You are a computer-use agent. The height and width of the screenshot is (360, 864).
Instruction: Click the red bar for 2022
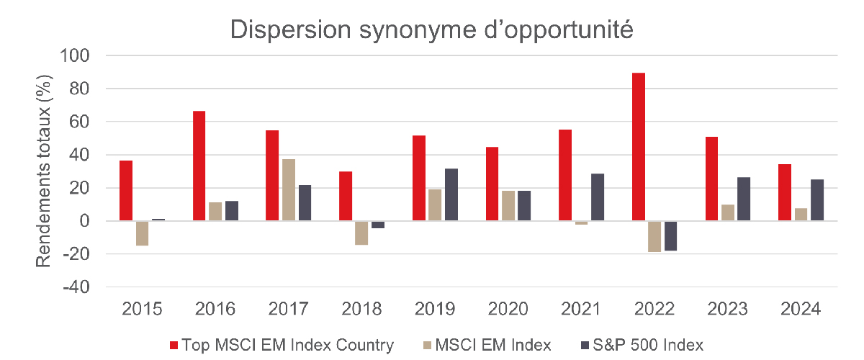(x=639, y=147)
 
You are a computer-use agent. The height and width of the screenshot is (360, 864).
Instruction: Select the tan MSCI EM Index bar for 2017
(x=289, y=190)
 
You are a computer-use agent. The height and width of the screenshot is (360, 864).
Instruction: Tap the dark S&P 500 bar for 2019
(x=451, y=195)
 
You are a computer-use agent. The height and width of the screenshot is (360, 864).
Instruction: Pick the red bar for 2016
(x=199, y=166)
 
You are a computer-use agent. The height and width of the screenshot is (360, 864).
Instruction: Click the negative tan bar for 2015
(x=142, y=233)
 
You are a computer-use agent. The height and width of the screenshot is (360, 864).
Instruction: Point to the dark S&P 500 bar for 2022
(x=671, y=235)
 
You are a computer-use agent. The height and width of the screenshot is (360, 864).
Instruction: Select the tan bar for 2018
(x=362, y=233)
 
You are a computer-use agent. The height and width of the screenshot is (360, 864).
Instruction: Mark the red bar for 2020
(x=492, y=184)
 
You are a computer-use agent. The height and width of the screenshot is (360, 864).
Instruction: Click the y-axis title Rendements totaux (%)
(x=45, y=171)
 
